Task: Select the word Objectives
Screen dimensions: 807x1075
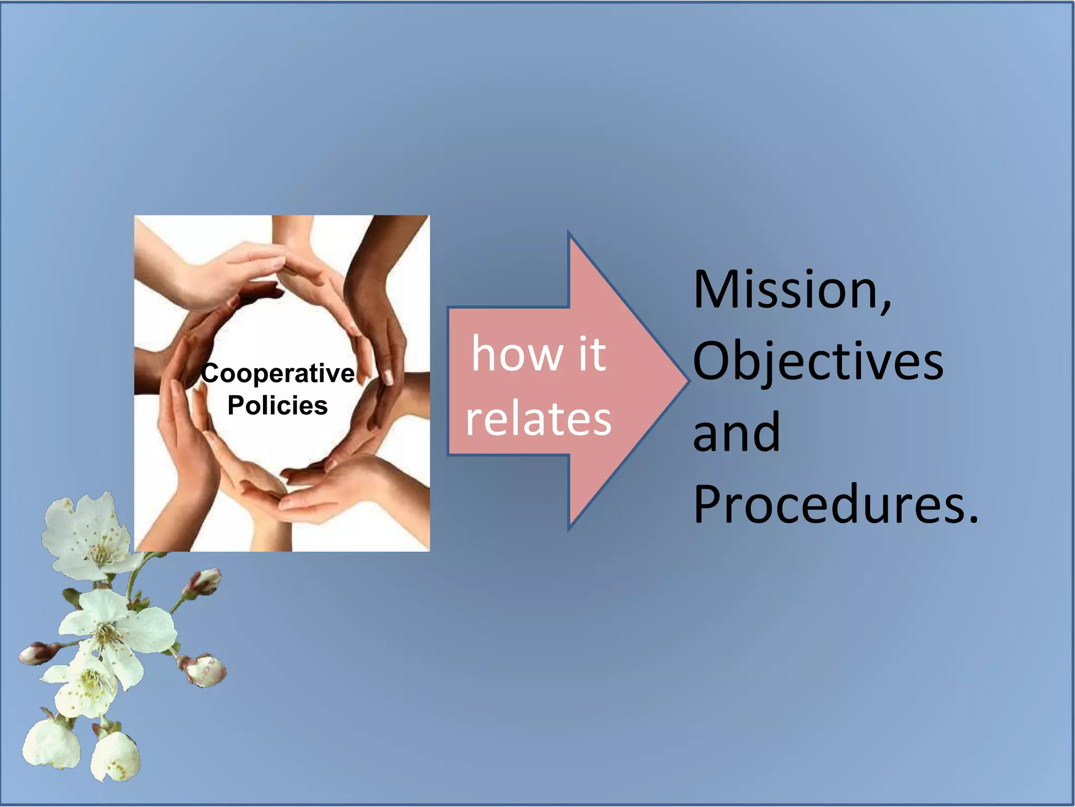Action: (x=818, y=361)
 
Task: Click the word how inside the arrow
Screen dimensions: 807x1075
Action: (x=517, y=354)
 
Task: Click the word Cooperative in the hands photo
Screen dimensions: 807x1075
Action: (x=278, y=374)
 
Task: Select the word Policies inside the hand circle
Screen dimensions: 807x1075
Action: (x=277, y=406)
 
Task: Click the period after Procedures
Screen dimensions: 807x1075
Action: (x=973, y=520)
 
